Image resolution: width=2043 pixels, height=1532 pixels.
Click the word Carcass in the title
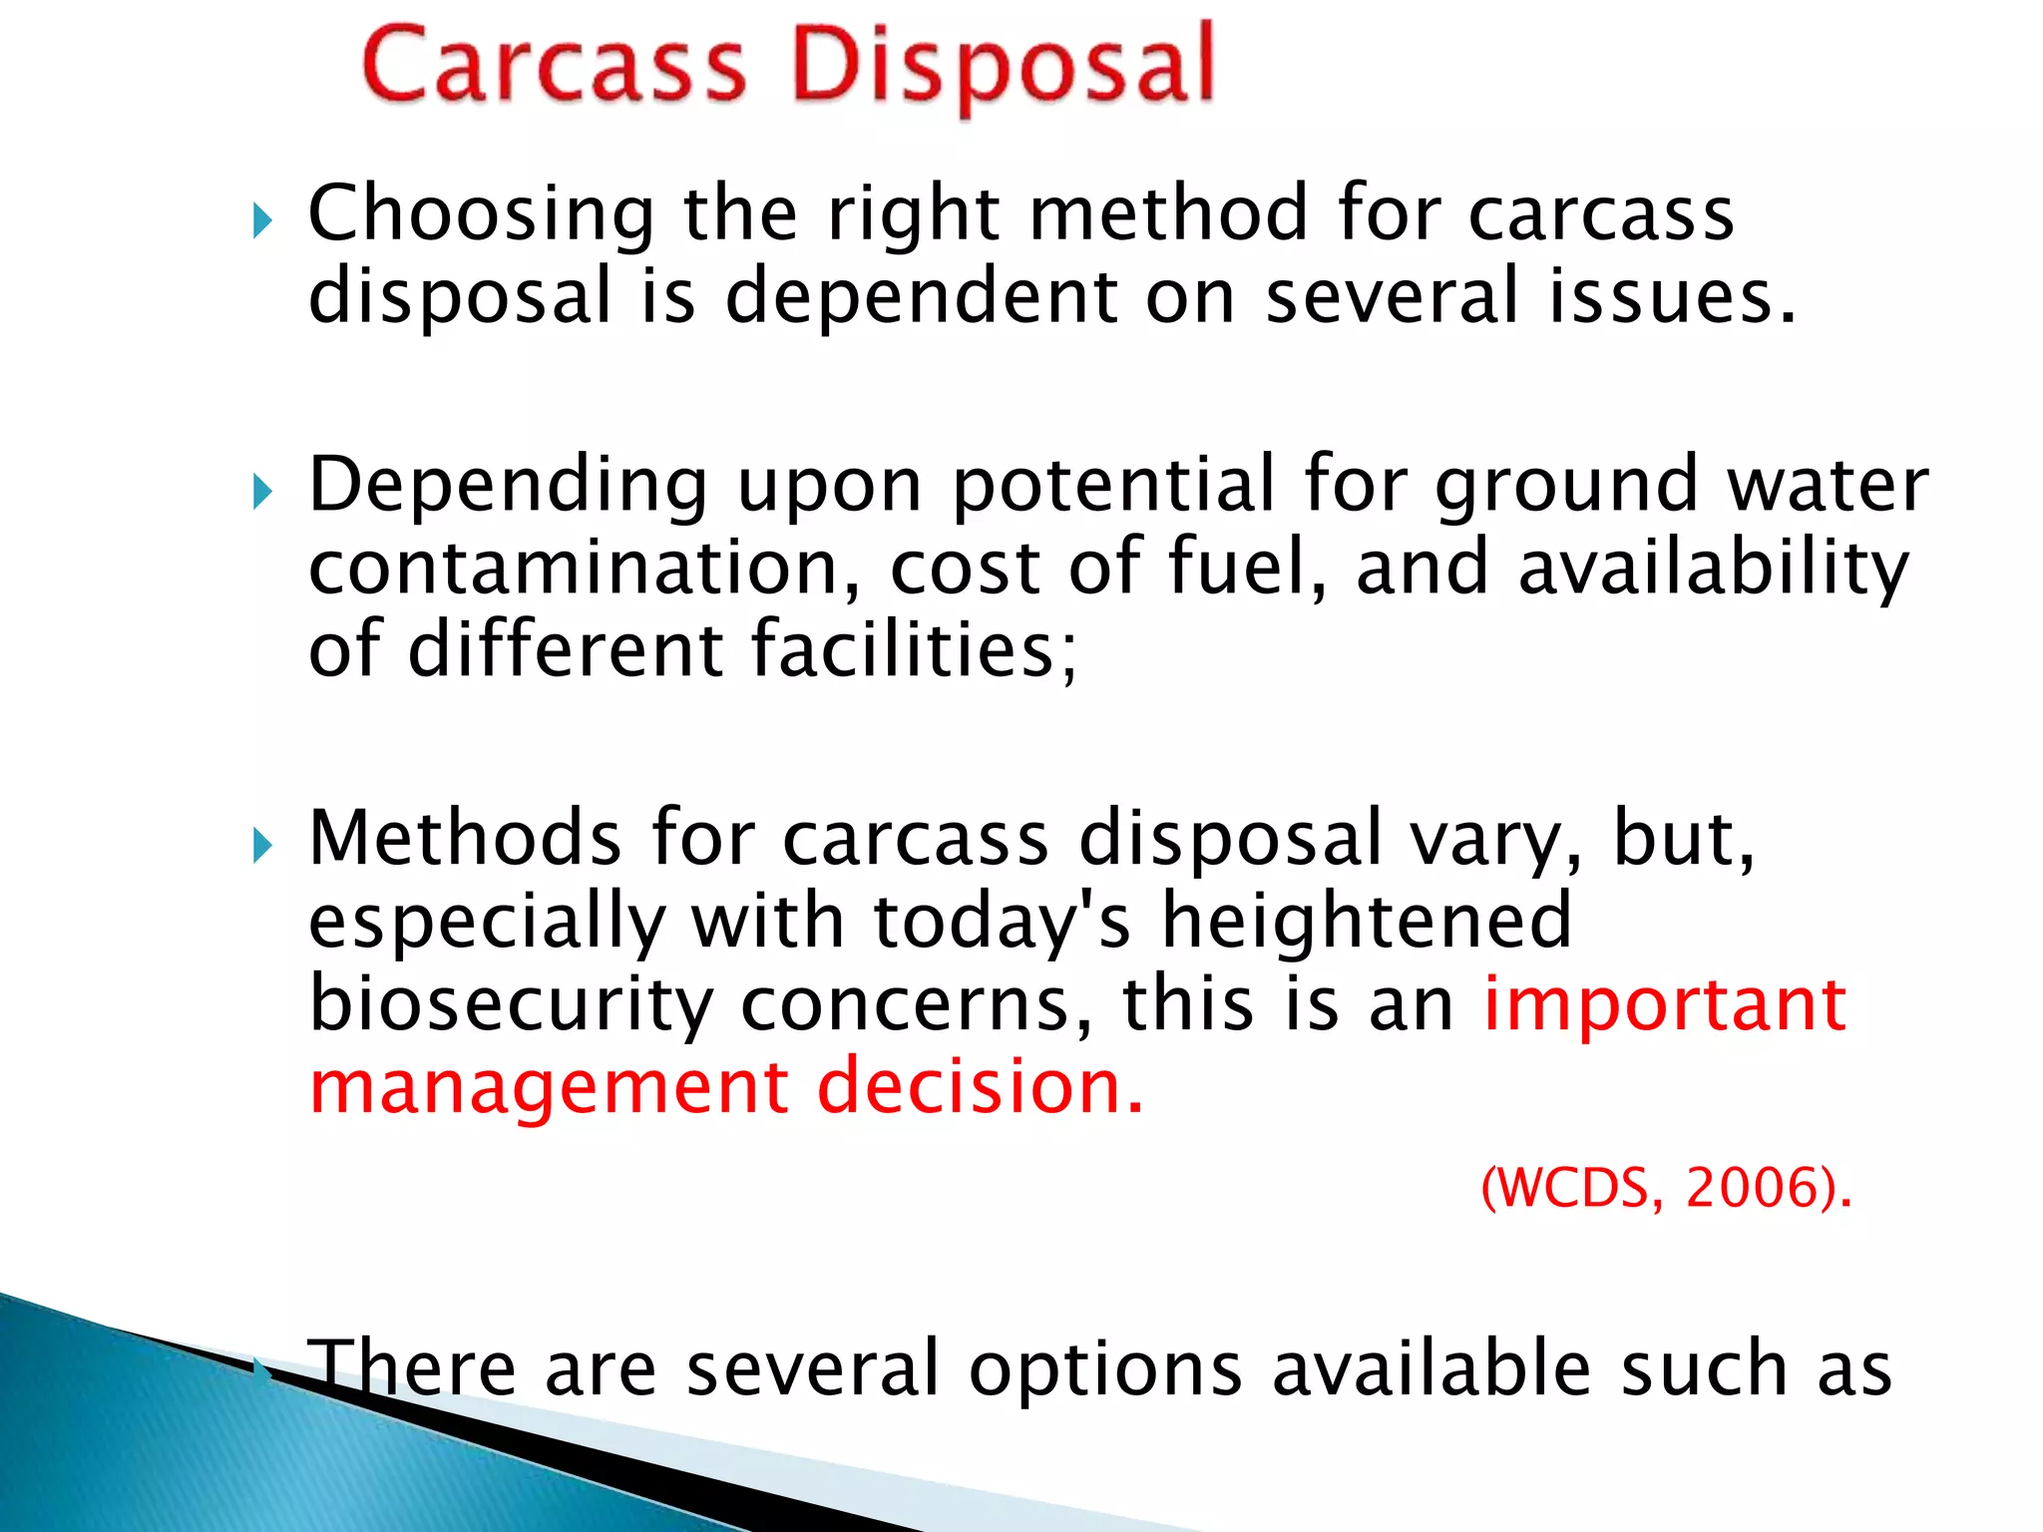[555, 66]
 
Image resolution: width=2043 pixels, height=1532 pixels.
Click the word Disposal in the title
[1003, 68]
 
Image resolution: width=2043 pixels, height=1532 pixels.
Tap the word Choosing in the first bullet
[481, 215]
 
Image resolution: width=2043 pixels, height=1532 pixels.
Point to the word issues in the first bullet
[1671, 297]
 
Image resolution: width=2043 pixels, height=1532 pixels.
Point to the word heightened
[1367, 921]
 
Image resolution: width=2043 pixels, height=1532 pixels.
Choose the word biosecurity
[510, 1005]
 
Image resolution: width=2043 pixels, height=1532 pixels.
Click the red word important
[1665, 1003]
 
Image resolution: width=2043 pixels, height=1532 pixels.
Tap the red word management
[550, 1088]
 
